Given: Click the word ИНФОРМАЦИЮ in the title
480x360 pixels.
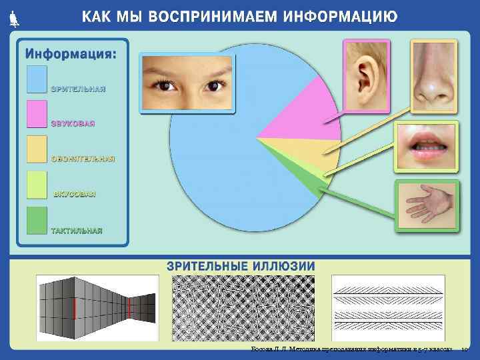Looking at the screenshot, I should (x=340, y=17).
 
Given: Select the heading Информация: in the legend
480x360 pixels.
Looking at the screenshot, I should (x=70, y=53).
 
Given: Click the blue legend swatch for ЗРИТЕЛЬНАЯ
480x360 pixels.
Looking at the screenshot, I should (x=37, y=79).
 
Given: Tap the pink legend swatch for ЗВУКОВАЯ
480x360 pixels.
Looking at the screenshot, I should (x=37, y=113).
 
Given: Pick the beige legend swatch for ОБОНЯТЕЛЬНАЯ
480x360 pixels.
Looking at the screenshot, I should (x=37, y=149).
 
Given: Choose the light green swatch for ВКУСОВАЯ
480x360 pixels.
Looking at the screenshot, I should (x=37, y=185).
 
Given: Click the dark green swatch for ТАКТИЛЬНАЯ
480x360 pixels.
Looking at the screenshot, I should (x=37, y=220).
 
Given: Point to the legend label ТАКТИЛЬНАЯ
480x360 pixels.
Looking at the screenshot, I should (x=77, y=231).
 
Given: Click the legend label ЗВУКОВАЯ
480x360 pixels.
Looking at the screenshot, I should (x=73, y=123).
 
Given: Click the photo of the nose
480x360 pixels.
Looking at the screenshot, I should (x=433, y=75).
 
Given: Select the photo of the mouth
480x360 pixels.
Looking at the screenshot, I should (x=425, y=148).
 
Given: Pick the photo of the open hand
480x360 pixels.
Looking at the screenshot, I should (x=426, y=205).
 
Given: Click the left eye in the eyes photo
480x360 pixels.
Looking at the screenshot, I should (x=162, y=85).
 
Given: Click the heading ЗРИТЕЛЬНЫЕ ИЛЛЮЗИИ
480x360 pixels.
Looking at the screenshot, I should (x=241, y=266).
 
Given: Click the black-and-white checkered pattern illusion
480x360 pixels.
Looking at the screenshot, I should (x=244, y=308).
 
